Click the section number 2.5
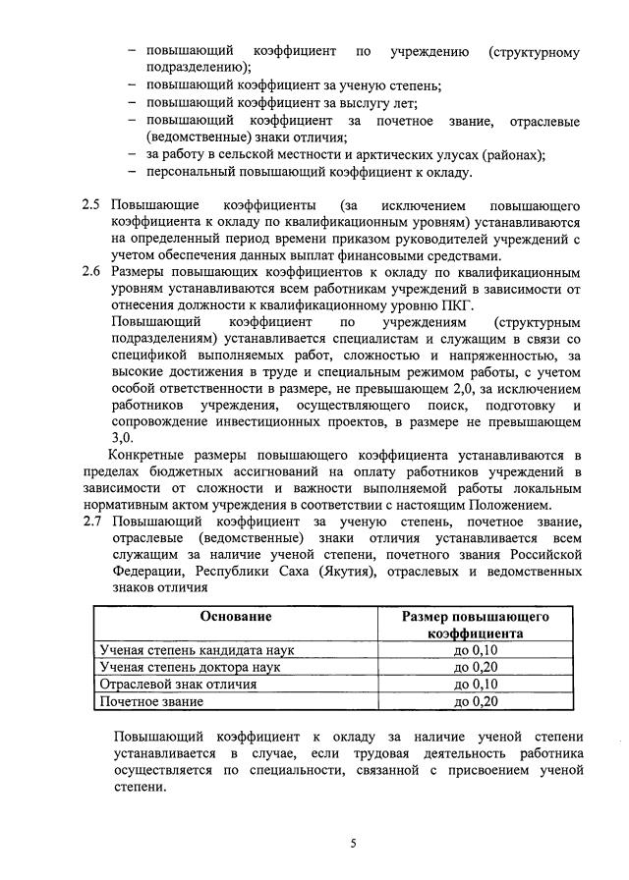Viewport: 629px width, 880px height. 90,205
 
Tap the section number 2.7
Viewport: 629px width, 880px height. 90,522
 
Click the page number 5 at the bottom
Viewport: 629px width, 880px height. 353,843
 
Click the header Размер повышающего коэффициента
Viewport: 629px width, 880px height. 475,625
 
